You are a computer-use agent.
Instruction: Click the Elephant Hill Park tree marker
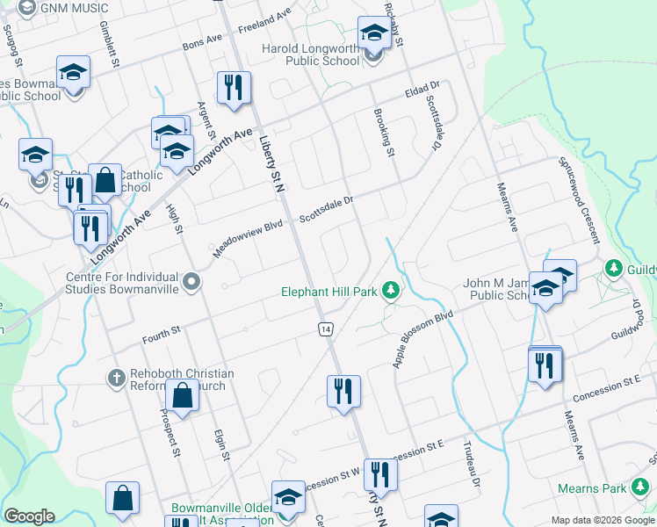point(392,292)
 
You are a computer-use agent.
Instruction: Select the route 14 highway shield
point(325,328)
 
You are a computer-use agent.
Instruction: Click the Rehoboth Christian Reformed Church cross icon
point(115,379)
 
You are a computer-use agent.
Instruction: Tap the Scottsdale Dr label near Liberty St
point(326,208)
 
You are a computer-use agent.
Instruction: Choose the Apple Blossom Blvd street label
point(423,338)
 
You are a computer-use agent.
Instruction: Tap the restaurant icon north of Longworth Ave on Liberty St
point(233,88)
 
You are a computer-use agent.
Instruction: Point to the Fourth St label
point(162,331)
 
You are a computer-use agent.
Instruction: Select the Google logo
point(29,516)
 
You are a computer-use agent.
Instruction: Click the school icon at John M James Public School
point(545,290)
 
